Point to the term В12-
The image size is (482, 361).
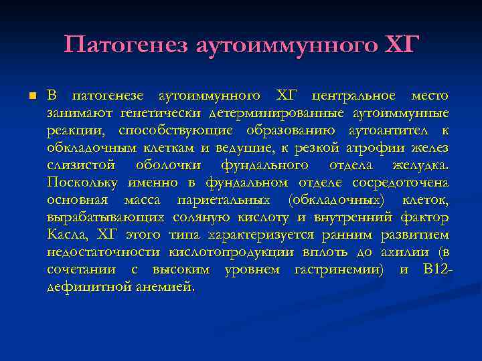click(438, 269)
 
